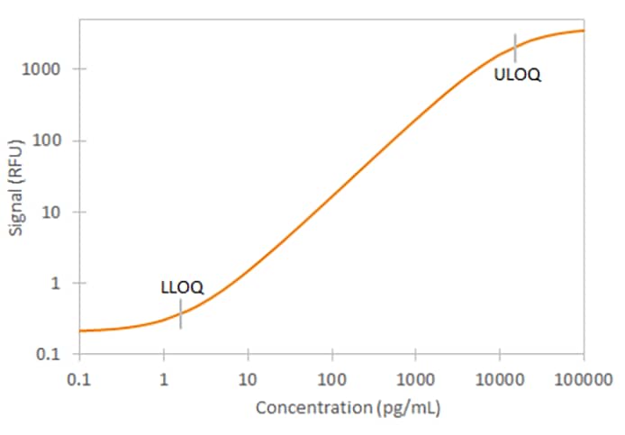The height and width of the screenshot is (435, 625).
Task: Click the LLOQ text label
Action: [x=182, y=288]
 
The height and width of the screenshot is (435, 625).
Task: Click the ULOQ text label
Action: [x=518, y=75]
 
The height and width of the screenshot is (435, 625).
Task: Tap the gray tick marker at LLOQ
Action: [x=181, y=314]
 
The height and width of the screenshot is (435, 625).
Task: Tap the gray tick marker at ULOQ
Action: [x=515, y=47]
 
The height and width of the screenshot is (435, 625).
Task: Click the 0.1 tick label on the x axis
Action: [x=79, y=377]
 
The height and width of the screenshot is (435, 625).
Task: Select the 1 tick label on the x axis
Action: [x=163, y=377]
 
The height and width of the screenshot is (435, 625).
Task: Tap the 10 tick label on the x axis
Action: [x=248, y=377]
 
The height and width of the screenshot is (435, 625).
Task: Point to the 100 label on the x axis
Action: [x=331, y=377]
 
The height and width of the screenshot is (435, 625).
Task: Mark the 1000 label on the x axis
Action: [x=415, y=377]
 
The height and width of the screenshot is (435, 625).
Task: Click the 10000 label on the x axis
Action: [x=499, y=377]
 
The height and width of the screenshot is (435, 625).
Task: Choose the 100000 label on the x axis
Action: [x=584, y=377]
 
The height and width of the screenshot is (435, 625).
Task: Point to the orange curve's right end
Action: [x=584, y=31]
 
